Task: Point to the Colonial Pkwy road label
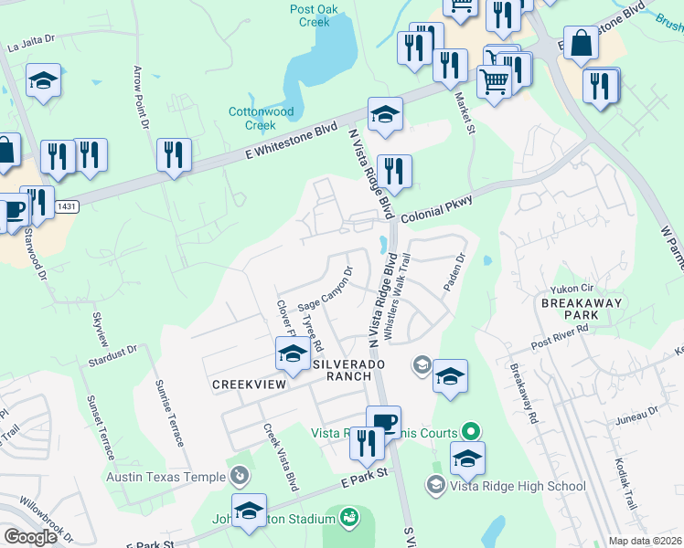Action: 434,206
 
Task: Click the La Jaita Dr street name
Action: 31,43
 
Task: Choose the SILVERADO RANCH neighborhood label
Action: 342,369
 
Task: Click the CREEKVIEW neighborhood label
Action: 244,385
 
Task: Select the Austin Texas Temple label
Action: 166,477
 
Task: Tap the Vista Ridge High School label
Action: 518,486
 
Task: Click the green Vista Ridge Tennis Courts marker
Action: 471,429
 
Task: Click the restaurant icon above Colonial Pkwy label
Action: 394,172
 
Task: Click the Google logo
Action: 30,537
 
